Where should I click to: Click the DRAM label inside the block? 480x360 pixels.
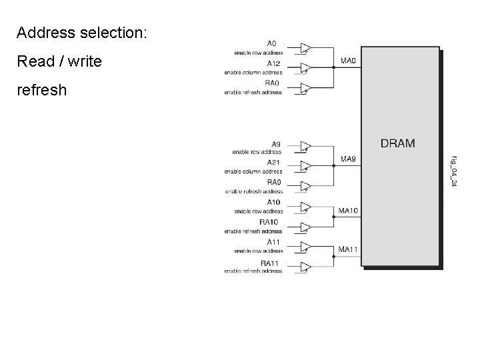[397, 143]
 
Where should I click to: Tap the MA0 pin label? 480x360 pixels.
[349, 61]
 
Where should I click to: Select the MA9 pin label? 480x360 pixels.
[349, 159]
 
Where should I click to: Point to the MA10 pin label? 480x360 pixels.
[349, 211]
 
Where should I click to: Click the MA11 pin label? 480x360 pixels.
[349, 250]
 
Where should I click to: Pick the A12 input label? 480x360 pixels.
[273, 64]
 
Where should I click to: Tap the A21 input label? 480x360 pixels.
[273, 163]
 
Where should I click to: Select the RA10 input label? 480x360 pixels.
[269, 222]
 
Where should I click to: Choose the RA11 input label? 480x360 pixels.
[269, 263]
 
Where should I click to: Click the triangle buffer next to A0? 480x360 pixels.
[305, 48]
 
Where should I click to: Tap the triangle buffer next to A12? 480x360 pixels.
[305, 67]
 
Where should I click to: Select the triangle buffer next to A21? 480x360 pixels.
[305, 166]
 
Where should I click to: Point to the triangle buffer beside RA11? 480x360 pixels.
[305, 267]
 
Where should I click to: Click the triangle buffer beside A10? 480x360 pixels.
[305, 207]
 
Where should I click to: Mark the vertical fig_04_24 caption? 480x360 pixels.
[453, 170]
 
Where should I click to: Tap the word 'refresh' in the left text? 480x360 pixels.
[42, 89]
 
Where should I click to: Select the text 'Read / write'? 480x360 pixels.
[59, 61]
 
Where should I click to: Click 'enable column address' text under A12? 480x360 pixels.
[253, 72]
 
